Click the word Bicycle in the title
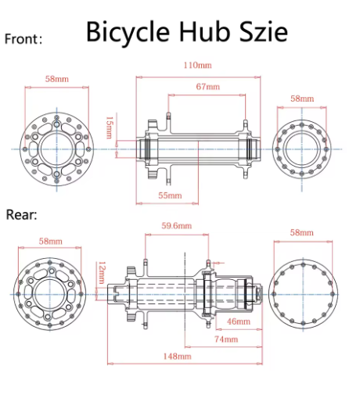click(x=129, y=32)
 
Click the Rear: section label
click(x=22, y=213)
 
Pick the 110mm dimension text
click(x=196, y=66)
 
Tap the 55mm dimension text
click(x=170, y=194)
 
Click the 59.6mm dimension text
click(x=176, y=225)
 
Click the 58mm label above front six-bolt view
click(x=57, y=80)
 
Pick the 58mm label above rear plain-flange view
click(x=301, y=233)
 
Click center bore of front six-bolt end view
click(x=57, y=147)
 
